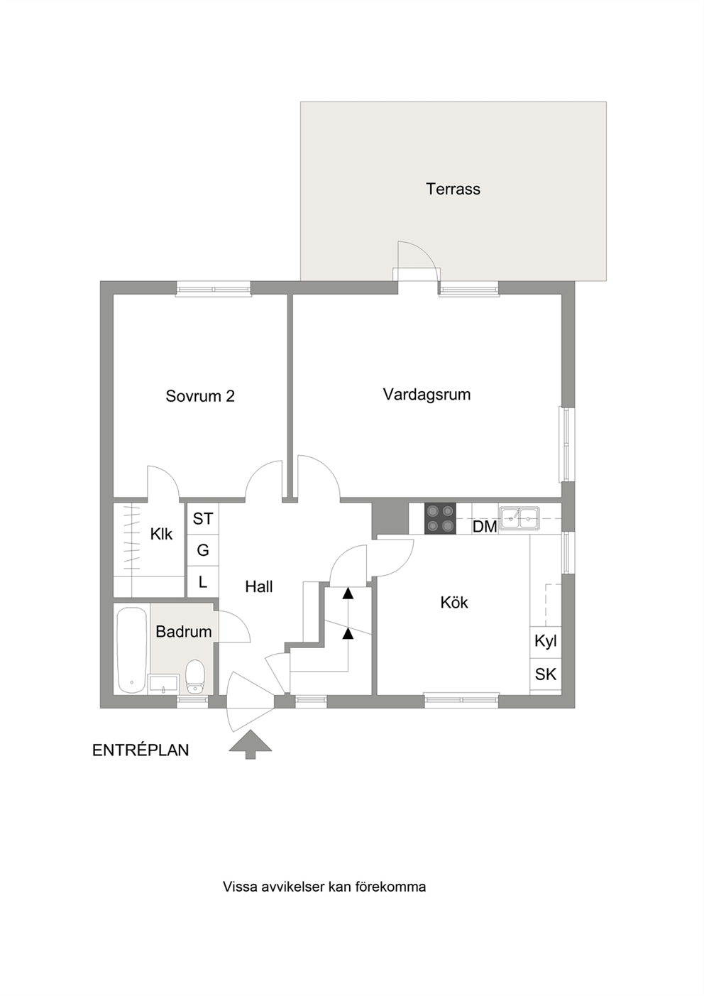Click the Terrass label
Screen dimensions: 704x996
pos(453,189)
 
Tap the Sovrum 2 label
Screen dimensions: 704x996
pos(200,395)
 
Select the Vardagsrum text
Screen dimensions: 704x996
pos(427,395)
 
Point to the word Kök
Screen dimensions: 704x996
pos(454,603)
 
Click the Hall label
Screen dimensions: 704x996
pos(258,587)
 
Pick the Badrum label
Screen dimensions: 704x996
pos(184,631)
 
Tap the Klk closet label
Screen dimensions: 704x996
pos(161,534)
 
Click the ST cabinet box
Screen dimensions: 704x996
pos(203,518)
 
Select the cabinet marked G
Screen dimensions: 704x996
pos(203,550)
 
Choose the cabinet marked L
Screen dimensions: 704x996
pos(203,582)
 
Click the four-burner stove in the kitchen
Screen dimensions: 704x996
pos(440,518)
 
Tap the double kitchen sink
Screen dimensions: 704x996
pos(519,518)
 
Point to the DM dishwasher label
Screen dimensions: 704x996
pos(485,527)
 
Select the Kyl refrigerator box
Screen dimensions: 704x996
pos(546,642)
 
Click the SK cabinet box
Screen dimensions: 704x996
pos(546,674)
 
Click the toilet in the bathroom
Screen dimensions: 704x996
pos(194,677)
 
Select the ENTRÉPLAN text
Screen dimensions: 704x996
pos(141,750)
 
